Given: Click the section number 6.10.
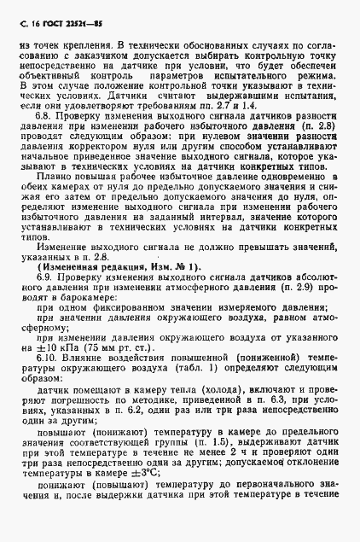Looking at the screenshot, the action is click(55, 373).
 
